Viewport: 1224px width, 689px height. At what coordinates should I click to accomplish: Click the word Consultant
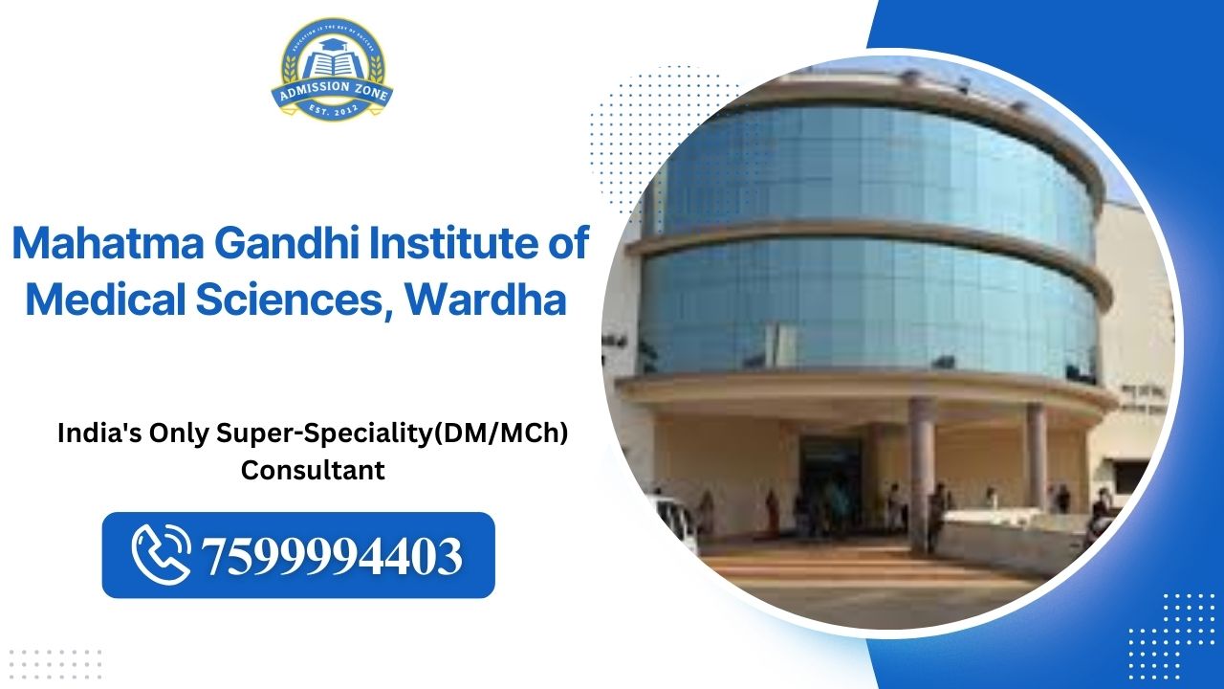313,471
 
